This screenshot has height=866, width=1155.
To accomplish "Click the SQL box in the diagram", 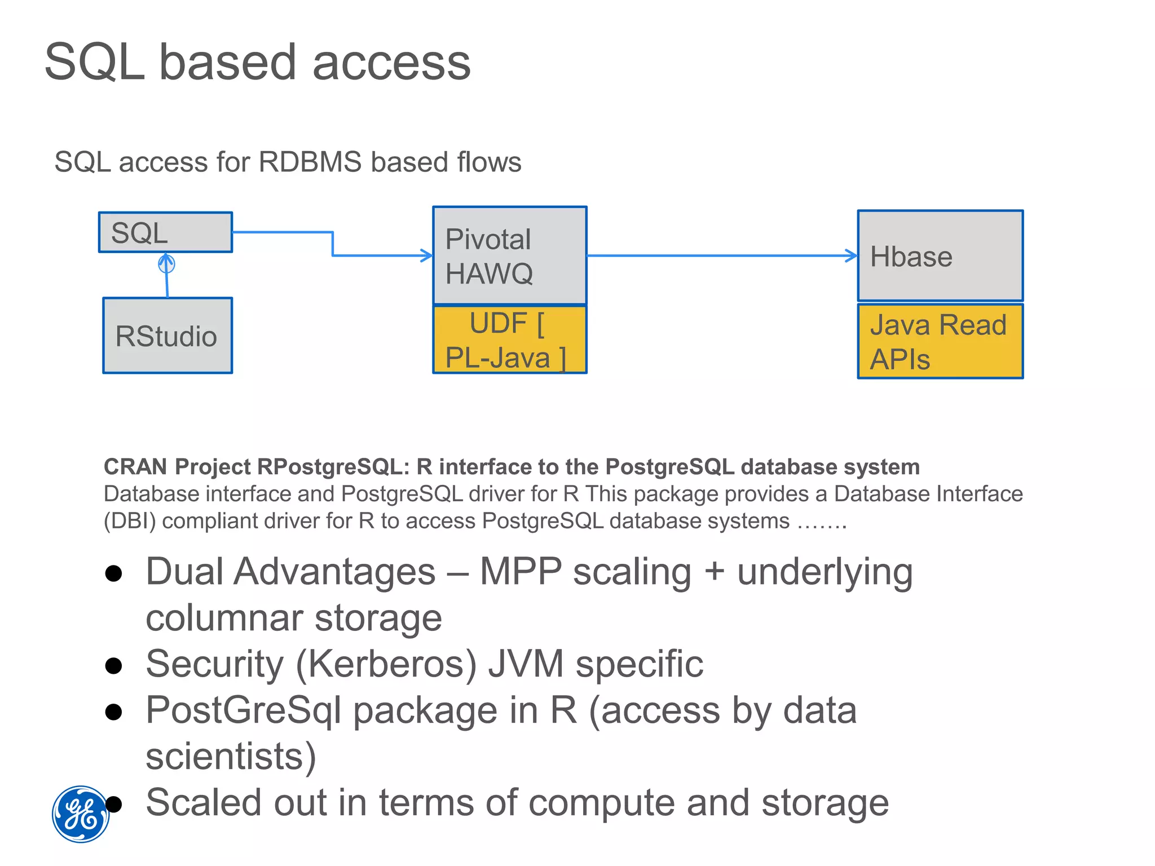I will pos(165,232).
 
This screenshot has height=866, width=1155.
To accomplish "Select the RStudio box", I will pos(167,336).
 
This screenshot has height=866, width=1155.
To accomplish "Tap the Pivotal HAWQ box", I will pos(509,256).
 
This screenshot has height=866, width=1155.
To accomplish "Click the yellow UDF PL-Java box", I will pos(509,340).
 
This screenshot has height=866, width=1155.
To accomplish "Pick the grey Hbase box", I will pos(940,256).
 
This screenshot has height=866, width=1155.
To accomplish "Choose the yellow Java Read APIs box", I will pos(940,342).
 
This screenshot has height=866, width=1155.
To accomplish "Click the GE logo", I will pos(81,814).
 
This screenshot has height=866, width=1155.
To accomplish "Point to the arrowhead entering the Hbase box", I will pos(852,255).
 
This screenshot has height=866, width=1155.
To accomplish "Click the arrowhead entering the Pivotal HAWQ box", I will pos(427,255).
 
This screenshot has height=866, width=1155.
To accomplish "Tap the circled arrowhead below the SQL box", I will pos(166,262).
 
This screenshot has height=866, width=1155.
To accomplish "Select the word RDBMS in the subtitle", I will pos(310,162).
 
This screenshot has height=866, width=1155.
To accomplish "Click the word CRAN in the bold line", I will pos(135,467).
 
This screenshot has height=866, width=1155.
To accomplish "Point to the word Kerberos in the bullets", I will pos(386,664).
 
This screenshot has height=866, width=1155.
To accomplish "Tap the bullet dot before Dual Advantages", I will pos(114,573).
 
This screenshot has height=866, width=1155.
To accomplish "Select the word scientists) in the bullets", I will pos(231,756).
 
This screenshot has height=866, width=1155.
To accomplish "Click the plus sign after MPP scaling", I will pos(714,572).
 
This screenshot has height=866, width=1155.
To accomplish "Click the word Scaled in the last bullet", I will pos(203,802).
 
